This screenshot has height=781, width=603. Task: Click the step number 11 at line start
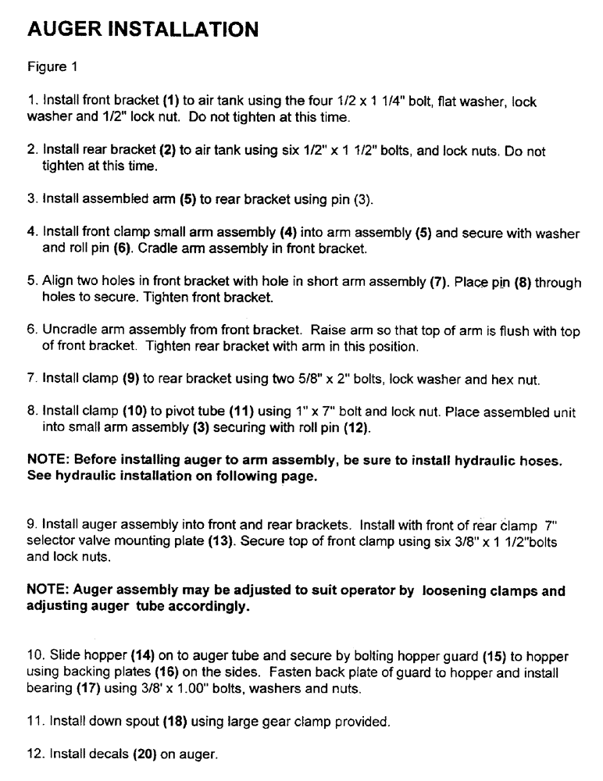point(34,722)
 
